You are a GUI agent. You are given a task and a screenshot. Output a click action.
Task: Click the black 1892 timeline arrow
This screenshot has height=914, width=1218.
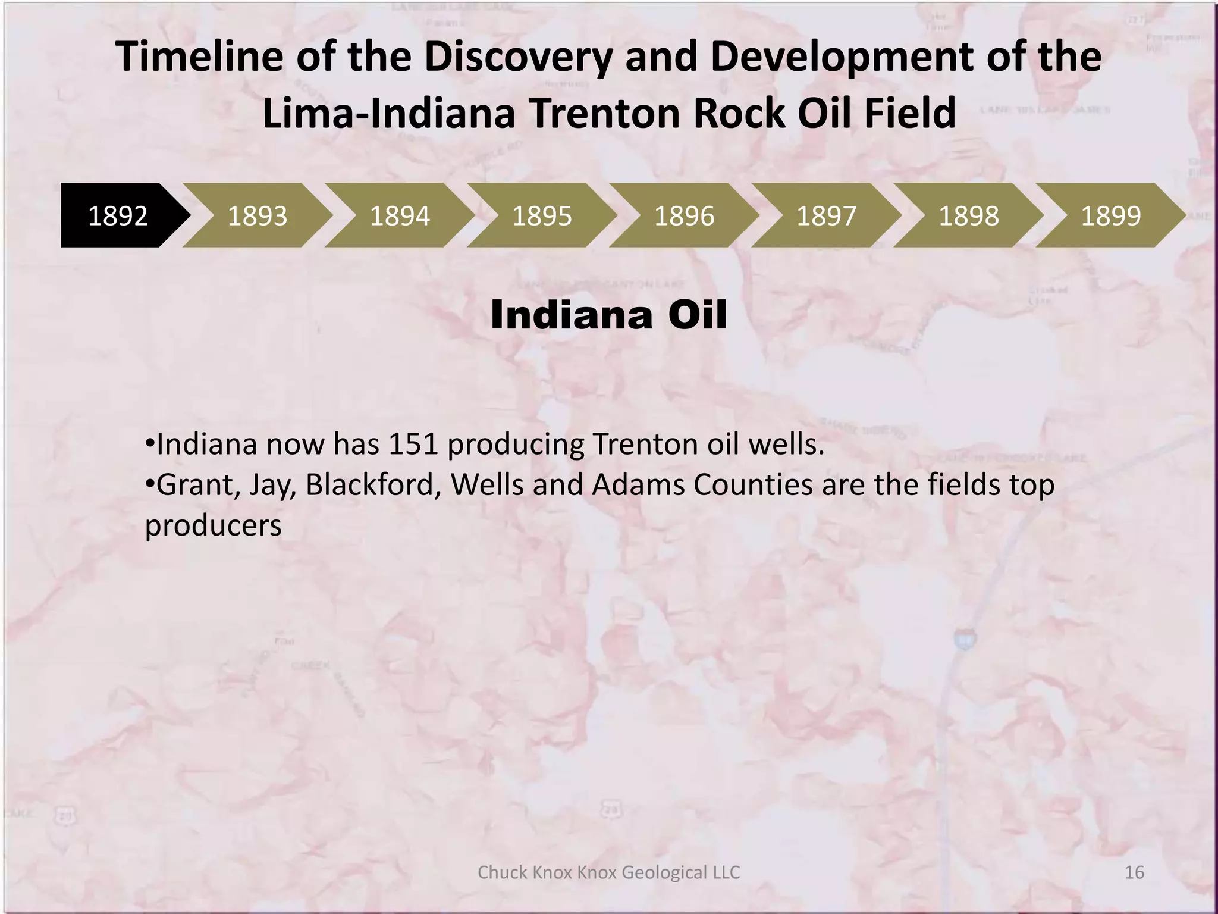click(118, 215)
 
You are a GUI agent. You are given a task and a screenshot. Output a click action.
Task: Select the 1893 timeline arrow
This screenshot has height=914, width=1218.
click(258, 215)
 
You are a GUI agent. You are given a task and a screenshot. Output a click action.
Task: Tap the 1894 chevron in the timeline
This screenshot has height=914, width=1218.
click(400, 215)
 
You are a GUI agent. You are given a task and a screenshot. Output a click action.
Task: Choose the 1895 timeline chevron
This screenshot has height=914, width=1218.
click(542, 215)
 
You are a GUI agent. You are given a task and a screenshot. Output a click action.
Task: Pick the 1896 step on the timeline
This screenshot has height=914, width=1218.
click(684, 215)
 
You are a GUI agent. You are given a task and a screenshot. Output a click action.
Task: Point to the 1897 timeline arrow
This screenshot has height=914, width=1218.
click(826, 215)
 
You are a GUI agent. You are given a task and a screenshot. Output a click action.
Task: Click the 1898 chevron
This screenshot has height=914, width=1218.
click(968, 215)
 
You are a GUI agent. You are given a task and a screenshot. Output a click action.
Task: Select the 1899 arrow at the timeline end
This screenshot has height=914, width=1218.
click(1110, 215)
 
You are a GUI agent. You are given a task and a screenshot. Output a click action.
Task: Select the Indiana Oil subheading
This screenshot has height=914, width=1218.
click(608, 315)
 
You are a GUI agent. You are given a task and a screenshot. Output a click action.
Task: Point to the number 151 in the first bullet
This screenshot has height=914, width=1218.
click(413, 445)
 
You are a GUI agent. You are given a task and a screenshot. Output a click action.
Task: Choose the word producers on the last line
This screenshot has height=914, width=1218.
click(213, 526)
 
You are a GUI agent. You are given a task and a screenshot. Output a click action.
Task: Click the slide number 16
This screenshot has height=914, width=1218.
click(1134, 872)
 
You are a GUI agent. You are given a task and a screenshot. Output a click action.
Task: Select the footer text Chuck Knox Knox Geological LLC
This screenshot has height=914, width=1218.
click(608, 872)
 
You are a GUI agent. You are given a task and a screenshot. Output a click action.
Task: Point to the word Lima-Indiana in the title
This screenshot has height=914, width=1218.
click(388, 113)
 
